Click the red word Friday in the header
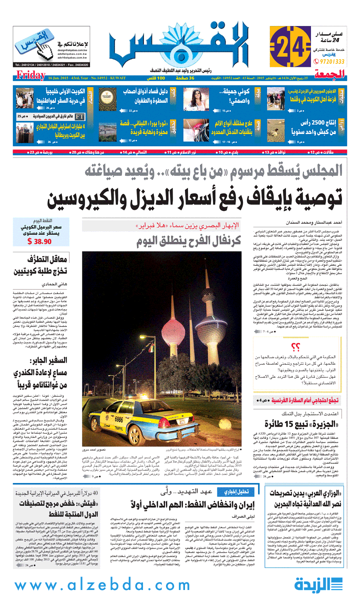click(30, 75)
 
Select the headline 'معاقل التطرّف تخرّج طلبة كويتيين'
click(39, 264)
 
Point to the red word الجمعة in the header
click(331, 75)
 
